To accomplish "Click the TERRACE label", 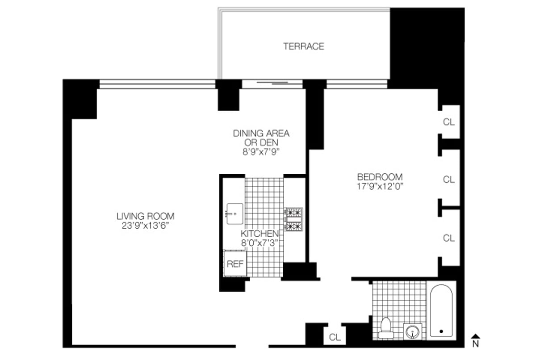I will pos(304,46).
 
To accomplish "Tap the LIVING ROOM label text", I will pos(146,216).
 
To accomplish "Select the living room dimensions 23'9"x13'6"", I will pos(146,226).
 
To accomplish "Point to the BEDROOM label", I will pos(380,177).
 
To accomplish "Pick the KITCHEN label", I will pos(260,234).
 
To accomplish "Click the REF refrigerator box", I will pos(235,264).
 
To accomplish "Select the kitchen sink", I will pos(234,214).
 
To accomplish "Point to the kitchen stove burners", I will pos(294,219).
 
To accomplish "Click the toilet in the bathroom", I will pos(385,328).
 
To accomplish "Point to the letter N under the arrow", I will pos(476,344).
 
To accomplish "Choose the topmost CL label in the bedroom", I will pos(449,121).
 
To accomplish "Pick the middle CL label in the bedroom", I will pos(449,180).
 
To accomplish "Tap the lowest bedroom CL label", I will pos(449,238).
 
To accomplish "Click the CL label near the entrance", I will pos(335,337).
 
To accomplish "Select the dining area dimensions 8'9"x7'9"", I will pos(261,152).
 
